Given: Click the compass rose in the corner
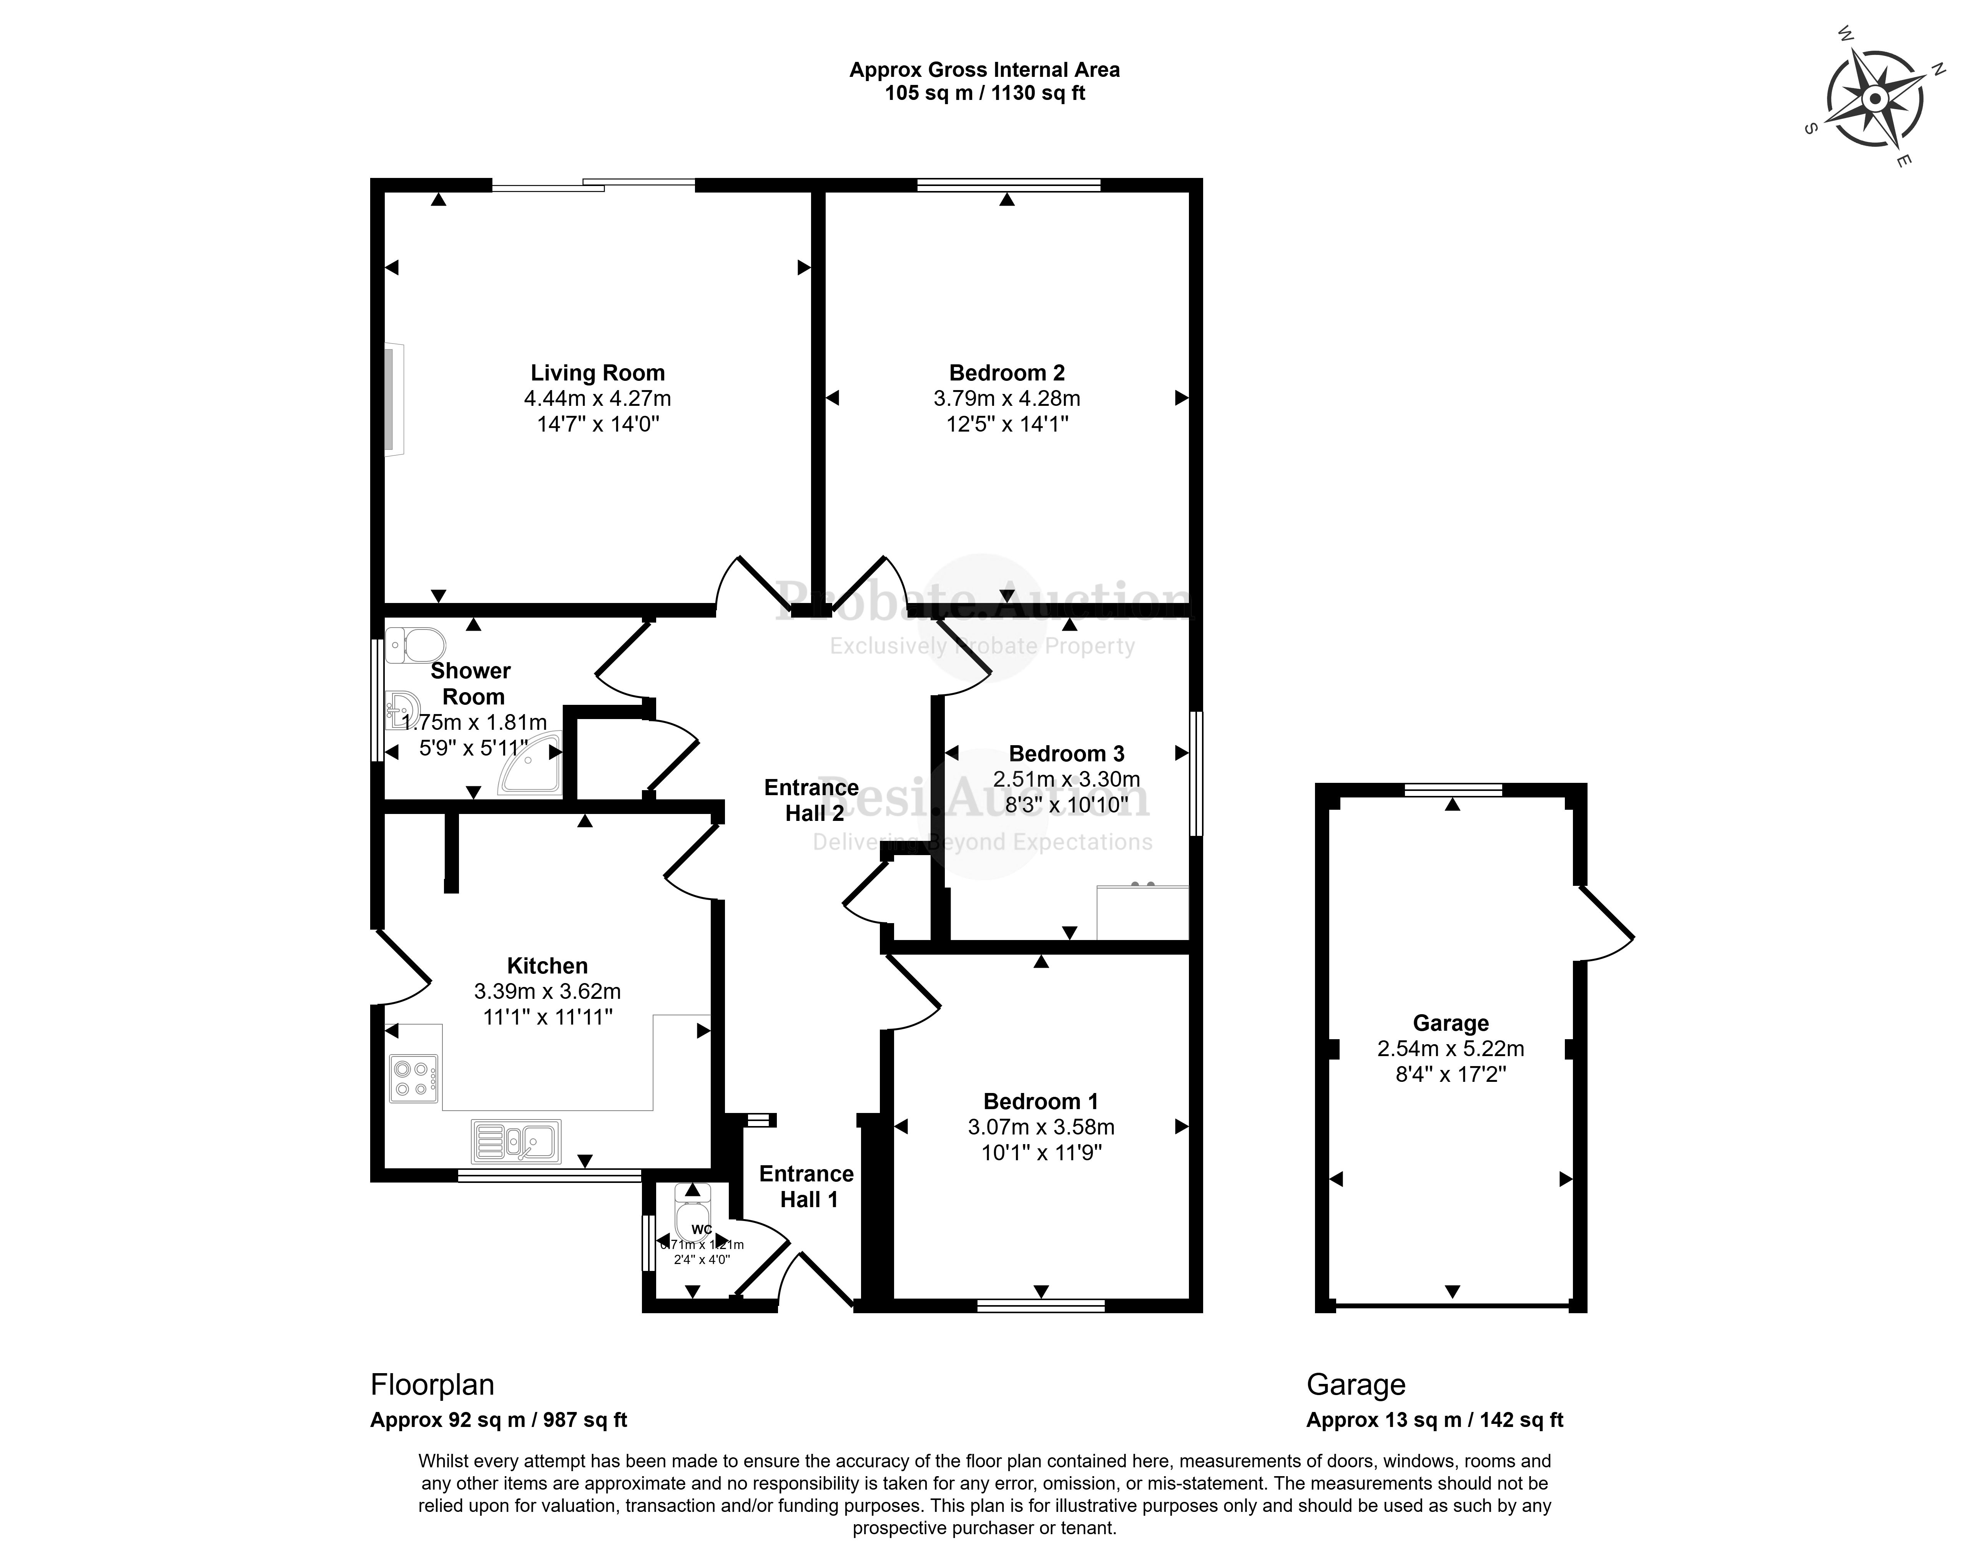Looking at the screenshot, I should [1873, 99].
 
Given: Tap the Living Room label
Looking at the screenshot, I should [598, 373].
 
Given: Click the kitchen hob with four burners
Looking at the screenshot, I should [414, 1078].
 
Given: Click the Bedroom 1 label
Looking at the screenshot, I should [1041, 1101].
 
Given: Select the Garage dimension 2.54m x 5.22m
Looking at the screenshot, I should [1450, 1049].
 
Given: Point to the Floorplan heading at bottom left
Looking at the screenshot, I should [432, 1384].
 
